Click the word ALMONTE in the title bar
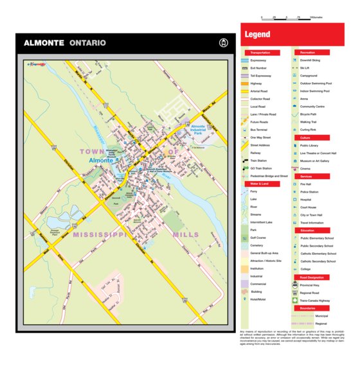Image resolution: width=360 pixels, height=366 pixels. point(44,44)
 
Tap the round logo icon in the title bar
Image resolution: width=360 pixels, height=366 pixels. point(224,43)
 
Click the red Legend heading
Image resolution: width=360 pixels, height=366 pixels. point(256,35)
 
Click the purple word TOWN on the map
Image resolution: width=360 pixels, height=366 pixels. point(93,151)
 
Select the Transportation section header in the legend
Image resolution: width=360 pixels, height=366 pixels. point(260,52)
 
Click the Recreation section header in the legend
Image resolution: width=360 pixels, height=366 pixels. point(307,52)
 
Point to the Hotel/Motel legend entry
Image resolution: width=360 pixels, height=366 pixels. point(259,299)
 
